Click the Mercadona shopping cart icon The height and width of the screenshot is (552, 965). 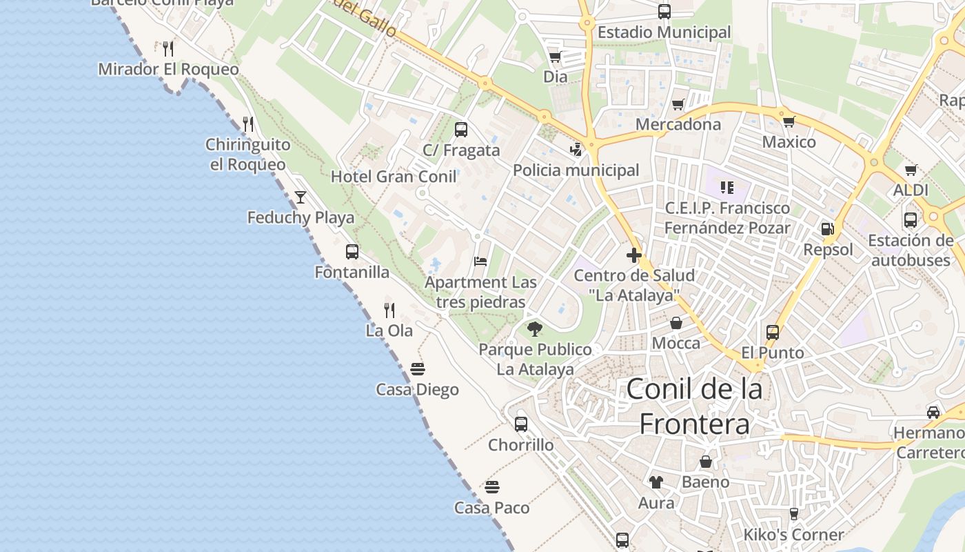678,105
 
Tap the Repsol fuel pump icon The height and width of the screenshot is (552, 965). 827,229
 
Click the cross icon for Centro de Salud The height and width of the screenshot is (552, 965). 634,255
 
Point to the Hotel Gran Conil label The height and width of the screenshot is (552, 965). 394,177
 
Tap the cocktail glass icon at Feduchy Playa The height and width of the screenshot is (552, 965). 301,197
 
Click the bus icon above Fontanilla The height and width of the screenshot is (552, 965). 352,252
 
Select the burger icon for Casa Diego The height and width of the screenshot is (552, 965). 417,369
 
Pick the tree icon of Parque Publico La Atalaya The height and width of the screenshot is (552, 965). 534,329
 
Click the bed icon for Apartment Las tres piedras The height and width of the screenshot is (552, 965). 480,262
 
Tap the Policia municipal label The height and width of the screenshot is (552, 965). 576,170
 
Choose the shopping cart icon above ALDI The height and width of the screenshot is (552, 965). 911,170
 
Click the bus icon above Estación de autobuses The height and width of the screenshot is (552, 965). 911,220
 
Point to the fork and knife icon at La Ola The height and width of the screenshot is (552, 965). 389,310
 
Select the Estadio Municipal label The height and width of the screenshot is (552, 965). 664,32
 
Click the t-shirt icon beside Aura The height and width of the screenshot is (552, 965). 656,482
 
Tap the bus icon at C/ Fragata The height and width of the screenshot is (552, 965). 461,129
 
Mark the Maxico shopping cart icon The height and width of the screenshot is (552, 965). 789,122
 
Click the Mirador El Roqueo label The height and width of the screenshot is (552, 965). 168,70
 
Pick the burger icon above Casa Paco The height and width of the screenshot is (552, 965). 491,487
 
